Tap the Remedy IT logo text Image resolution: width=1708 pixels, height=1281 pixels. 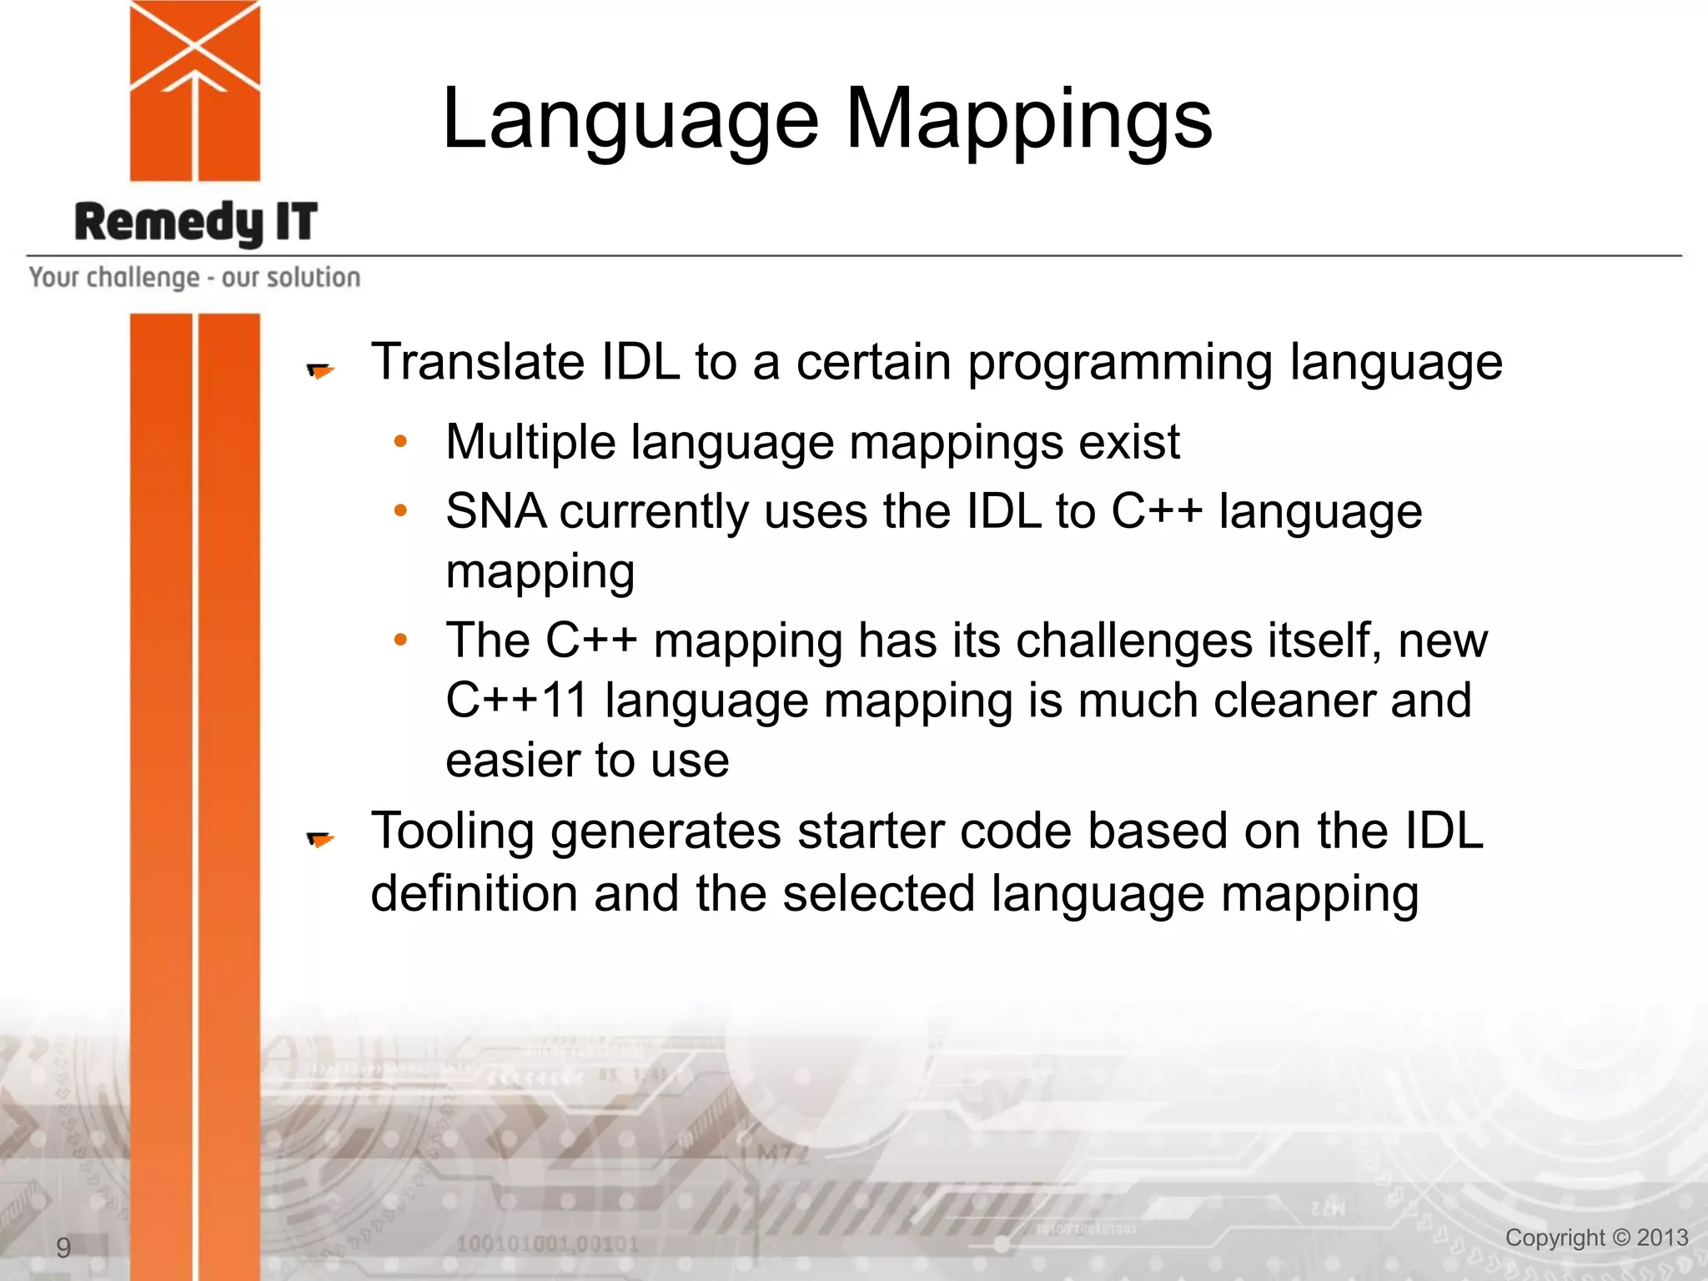click(x=196, y=223)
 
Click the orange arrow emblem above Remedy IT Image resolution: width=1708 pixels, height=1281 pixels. click(x=194, y=90)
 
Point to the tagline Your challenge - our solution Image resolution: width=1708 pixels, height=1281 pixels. click(x=194, y=277)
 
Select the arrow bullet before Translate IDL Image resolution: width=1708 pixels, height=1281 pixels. click(x=319, y=370)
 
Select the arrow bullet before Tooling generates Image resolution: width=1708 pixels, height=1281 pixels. click(x=319, y=839)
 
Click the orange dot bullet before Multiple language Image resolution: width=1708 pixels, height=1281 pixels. click(x=400, y=441)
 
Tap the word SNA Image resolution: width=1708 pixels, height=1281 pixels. click(x=495, y=511)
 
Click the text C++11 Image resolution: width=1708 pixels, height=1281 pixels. click(x=516, y=700)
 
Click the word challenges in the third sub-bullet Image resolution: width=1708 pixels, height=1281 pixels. click(x=1133, y=641)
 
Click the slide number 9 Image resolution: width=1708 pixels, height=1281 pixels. click(x=63, y=1248)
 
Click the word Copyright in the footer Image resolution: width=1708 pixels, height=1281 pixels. click(x=1555, y=1238)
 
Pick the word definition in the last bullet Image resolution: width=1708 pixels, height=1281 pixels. click(x=474, y=893)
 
